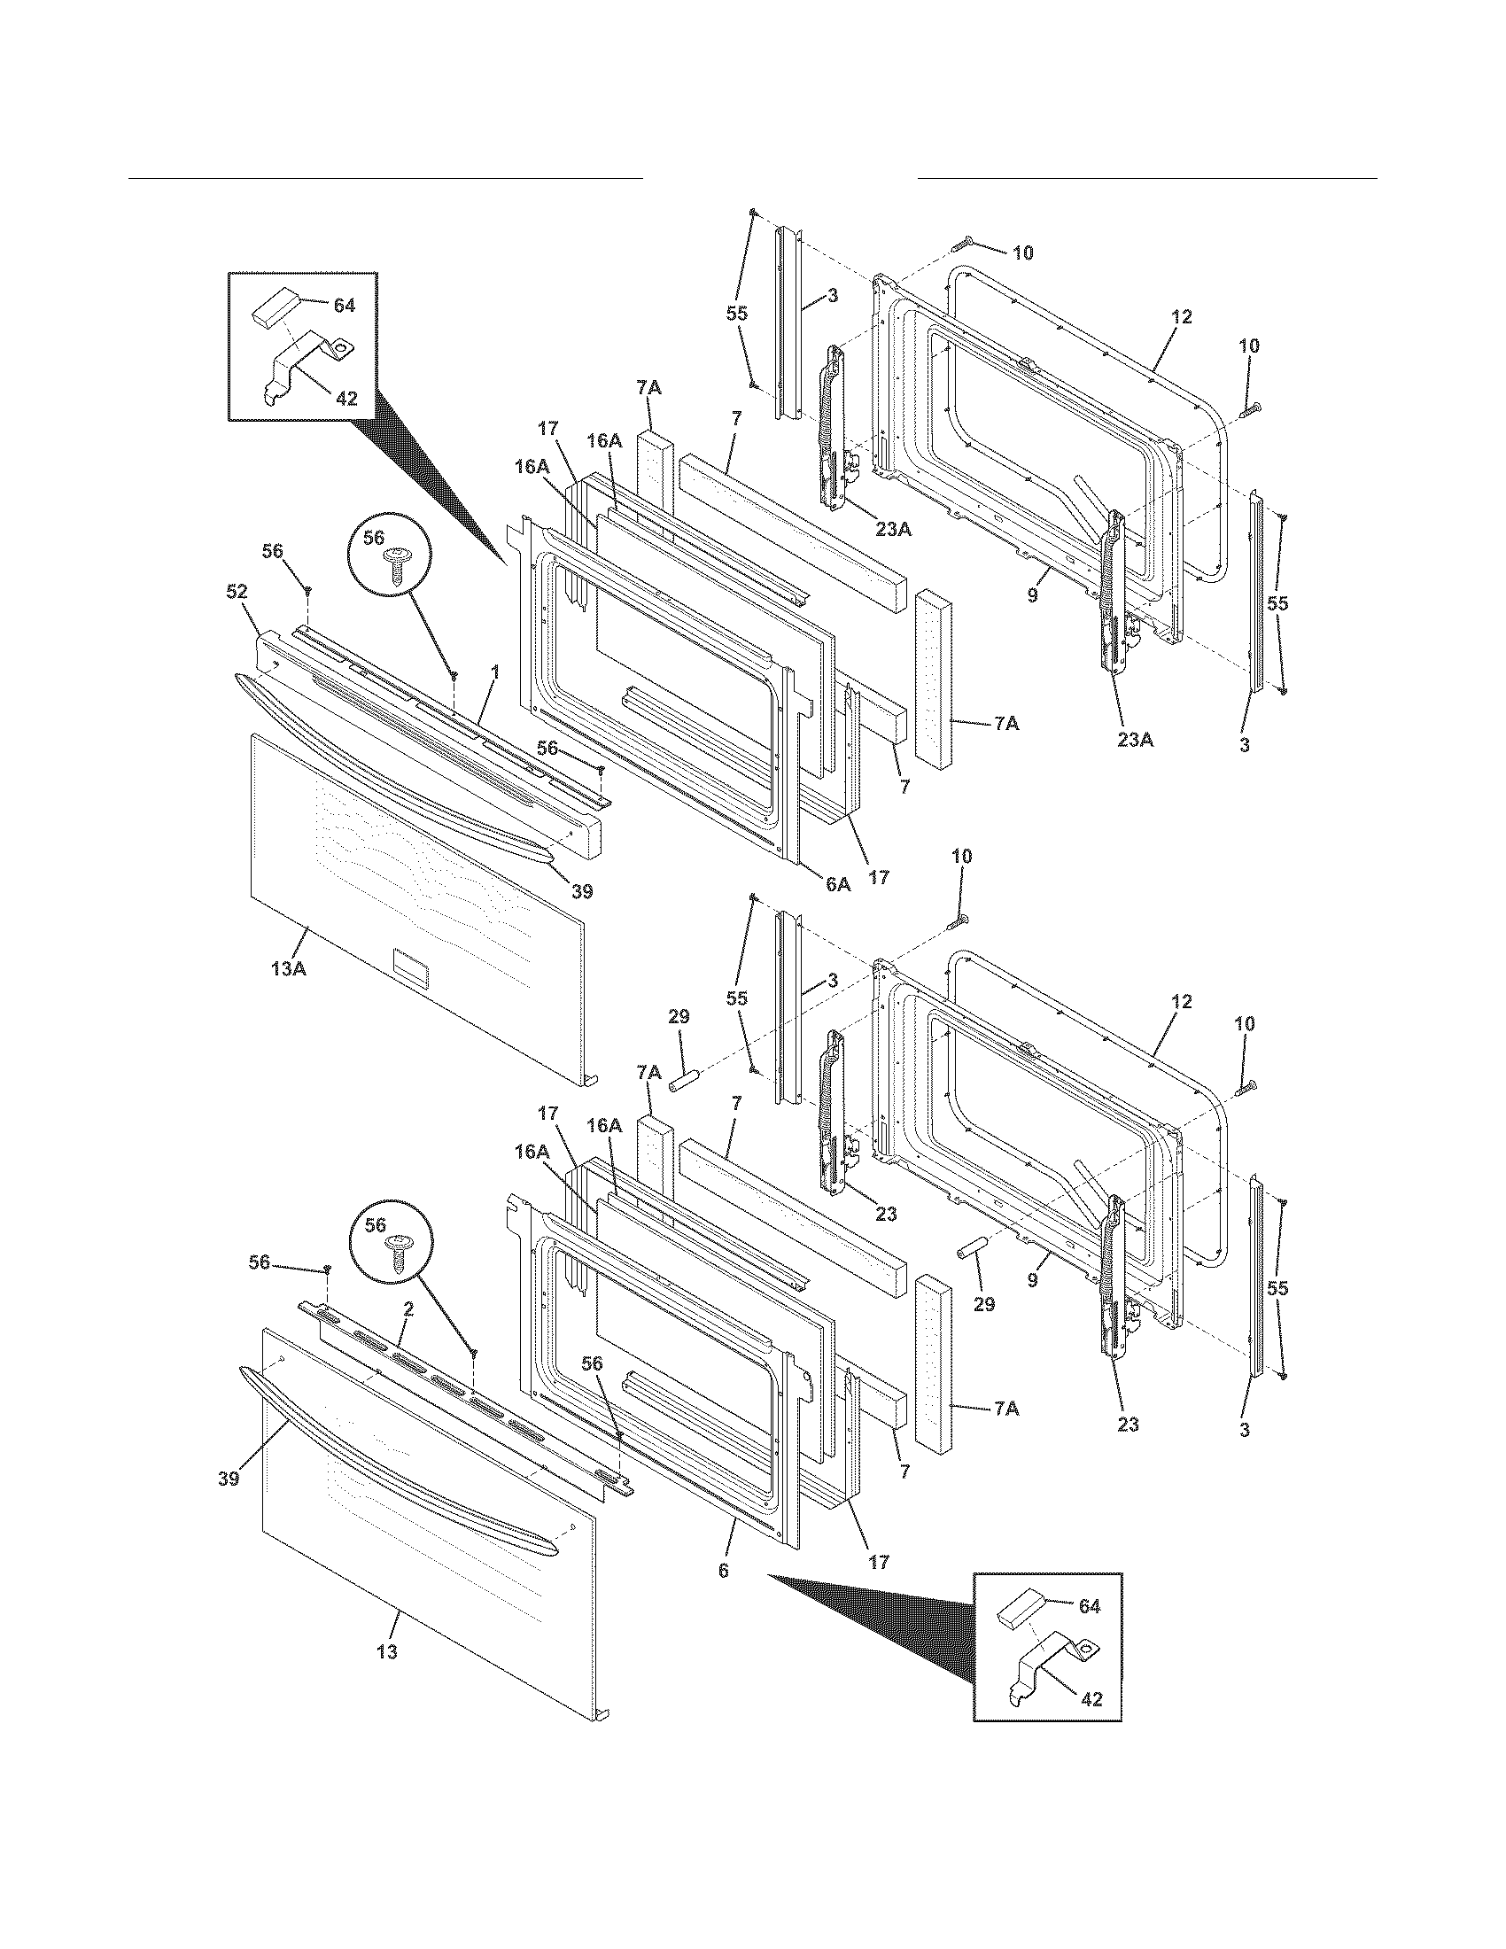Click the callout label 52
click(x=237, y=591)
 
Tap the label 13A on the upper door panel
click(x=289, y=968)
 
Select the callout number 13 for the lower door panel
click(x=386, y=1653)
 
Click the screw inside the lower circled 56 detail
click(x=393, y=1252)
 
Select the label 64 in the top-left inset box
click(x=345, y=307)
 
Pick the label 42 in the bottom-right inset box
click(x=1091, y=1700)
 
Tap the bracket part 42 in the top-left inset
click(x=307, y=361)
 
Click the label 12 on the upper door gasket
click(x=1181, y=317)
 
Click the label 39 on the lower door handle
click(x=229, y=1479)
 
